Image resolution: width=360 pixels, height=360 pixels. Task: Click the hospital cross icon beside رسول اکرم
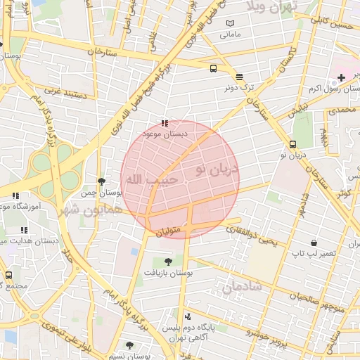click(x=340, y=77)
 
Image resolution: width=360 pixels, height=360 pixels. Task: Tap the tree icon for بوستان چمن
click(x=102, y=181)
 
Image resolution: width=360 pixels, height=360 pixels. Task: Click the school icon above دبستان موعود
click(x=165, y=123)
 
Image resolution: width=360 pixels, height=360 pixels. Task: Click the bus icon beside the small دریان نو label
click(x=292, y=146)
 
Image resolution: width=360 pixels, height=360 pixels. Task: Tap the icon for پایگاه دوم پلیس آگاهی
click(x=187, y=317)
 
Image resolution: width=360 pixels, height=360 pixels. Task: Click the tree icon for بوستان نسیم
click(x=129, y=345)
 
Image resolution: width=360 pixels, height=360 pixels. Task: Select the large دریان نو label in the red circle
click(x=217, y=169)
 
